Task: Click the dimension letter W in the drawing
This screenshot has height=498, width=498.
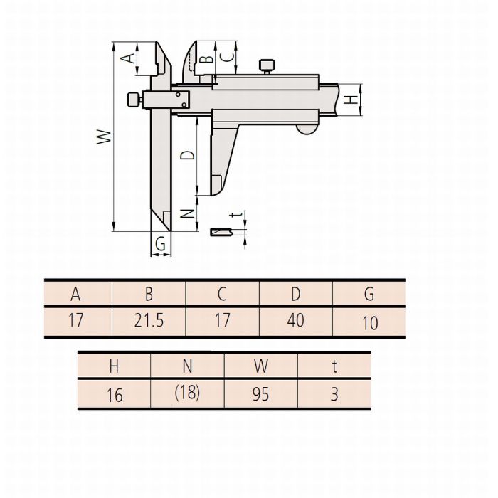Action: pos(104,137)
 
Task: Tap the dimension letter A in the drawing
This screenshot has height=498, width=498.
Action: pos(128,58)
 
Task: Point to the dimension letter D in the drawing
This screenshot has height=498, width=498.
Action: pos(187,155)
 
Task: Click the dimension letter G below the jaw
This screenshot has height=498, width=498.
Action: pos(160,244)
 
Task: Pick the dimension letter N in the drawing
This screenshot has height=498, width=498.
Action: pos(187,213)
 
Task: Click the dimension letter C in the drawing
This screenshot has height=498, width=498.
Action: pos(227,57)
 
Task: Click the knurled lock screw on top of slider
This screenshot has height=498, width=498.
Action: pos(267,66)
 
